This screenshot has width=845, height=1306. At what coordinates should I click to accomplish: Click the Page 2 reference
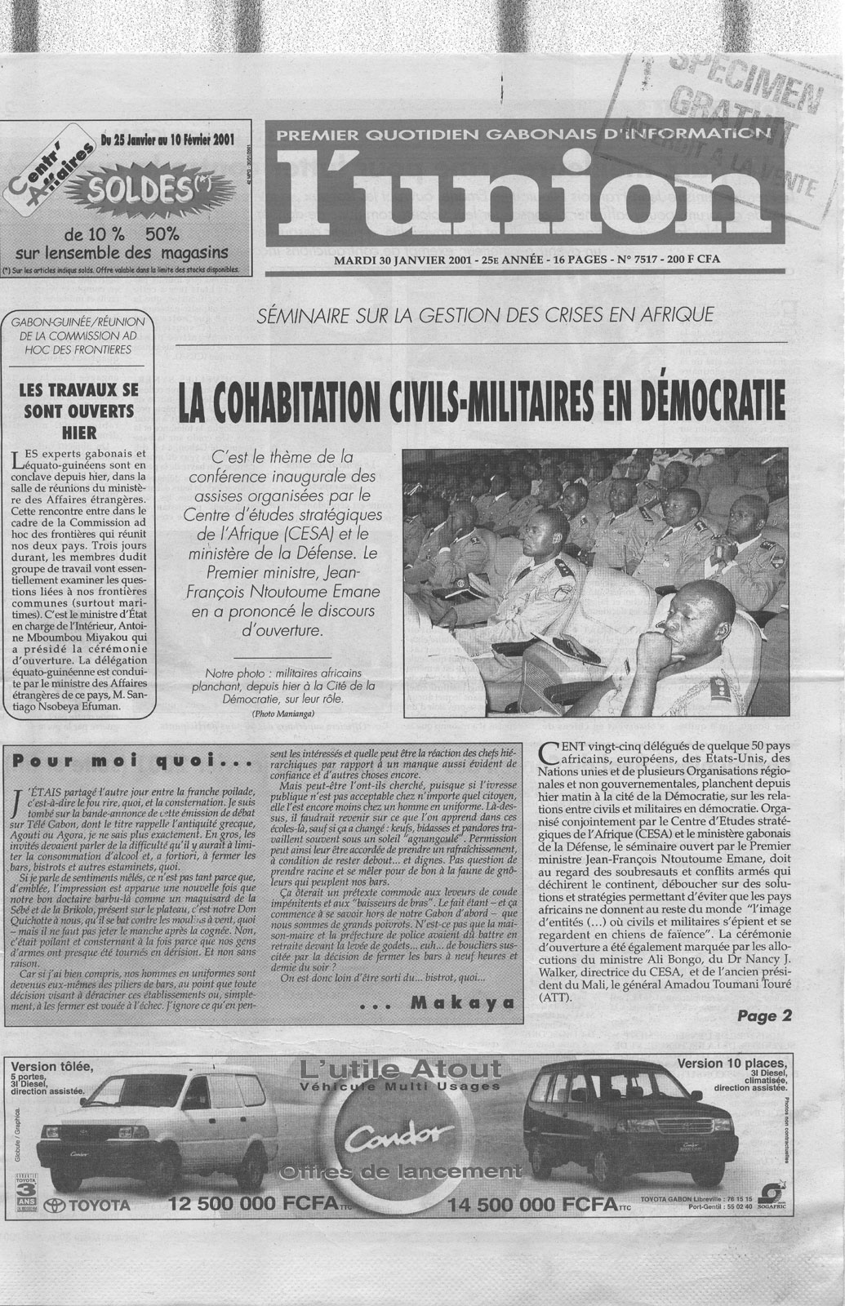coord(764,1017)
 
